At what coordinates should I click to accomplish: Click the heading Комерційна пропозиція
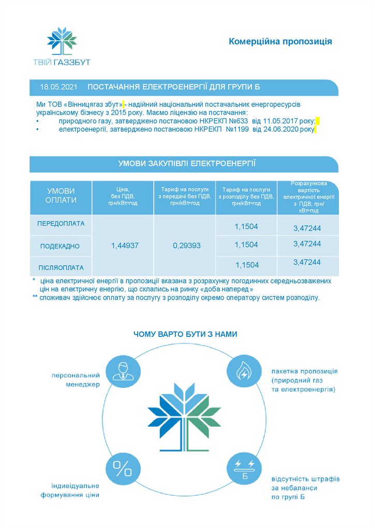point(280,41)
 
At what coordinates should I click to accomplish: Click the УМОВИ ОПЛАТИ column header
point(61,196)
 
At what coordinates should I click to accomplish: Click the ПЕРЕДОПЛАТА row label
point(61,224)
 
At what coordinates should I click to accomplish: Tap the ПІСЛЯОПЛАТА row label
point(61,267)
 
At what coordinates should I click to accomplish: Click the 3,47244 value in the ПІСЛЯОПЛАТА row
point(307,262)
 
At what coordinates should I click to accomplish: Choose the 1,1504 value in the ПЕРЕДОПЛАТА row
point(246,226)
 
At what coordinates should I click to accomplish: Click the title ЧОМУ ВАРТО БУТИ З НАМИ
point(185,334)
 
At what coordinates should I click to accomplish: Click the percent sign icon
point(123,469)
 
